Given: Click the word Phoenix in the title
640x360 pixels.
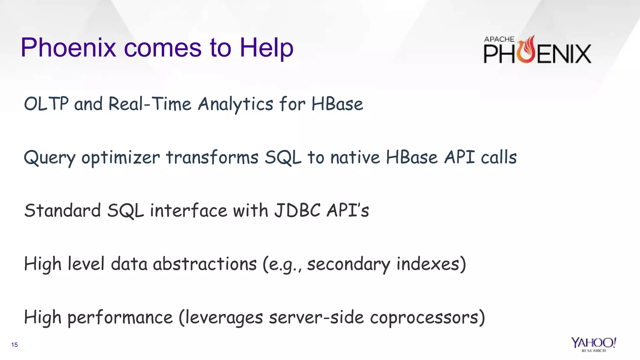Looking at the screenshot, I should click(68, 47).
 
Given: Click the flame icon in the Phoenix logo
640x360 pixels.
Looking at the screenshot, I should click(527, 50).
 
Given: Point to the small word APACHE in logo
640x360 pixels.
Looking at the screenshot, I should click(499, 39).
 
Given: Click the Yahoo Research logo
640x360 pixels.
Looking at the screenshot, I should click(593, 344).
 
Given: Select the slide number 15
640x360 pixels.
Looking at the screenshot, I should click(14, 345).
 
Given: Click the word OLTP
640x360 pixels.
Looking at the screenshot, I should click(46, 104).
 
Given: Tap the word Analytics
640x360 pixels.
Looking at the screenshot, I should click(236, 104).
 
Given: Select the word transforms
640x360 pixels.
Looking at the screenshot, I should click(212, 157).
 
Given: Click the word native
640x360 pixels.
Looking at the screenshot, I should click(355, 157).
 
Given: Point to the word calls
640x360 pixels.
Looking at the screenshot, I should click(498, 157).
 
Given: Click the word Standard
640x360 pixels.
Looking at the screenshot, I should click(62, 210).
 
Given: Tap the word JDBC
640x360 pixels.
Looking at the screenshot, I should click(297, 210).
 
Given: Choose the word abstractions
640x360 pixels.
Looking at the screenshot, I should click(205, 264).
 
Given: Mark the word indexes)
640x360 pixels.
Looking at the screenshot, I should click(431, 264).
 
